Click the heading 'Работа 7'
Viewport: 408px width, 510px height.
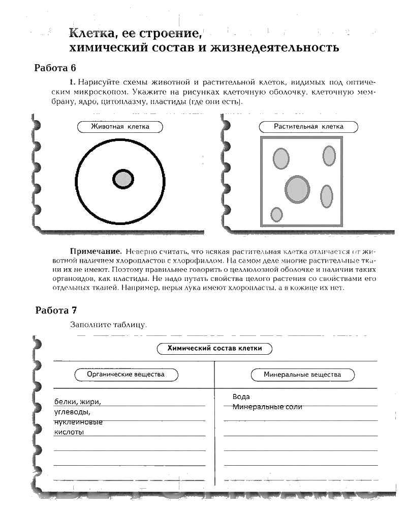point(56,310)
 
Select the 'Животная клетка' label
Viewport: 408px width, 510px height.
point(120,127)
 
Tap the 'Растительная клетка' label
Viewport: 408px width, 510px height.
point(308,127)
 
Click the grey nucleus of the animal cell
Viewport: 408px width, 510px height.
point(122,179)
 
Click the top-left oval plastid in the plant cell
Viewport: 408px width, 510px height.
point(280,158)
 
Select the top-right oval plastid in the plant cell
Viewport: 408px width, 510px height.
point(329,156)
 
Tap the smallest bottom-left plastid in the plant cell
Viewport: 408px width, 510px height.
point(276,214)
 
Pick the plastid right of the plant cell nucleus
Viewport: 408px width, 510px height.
point(326,195)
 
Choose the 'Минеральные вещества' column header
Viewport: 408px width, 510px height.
point(302,375)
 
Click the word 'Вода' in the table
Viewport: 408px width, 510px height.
point(241,396)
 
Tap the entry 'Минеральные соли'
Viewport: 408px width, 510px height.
point(267,407)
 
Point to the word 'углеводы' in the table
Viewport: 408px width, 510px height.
point(72,412)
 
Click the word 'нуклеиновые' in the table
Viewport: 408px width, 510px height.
point(78,422)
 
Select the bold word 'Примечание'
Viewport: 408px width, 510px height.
point(95,251)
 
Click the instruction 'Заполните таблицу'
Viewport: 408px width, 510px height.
point(109,324)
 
